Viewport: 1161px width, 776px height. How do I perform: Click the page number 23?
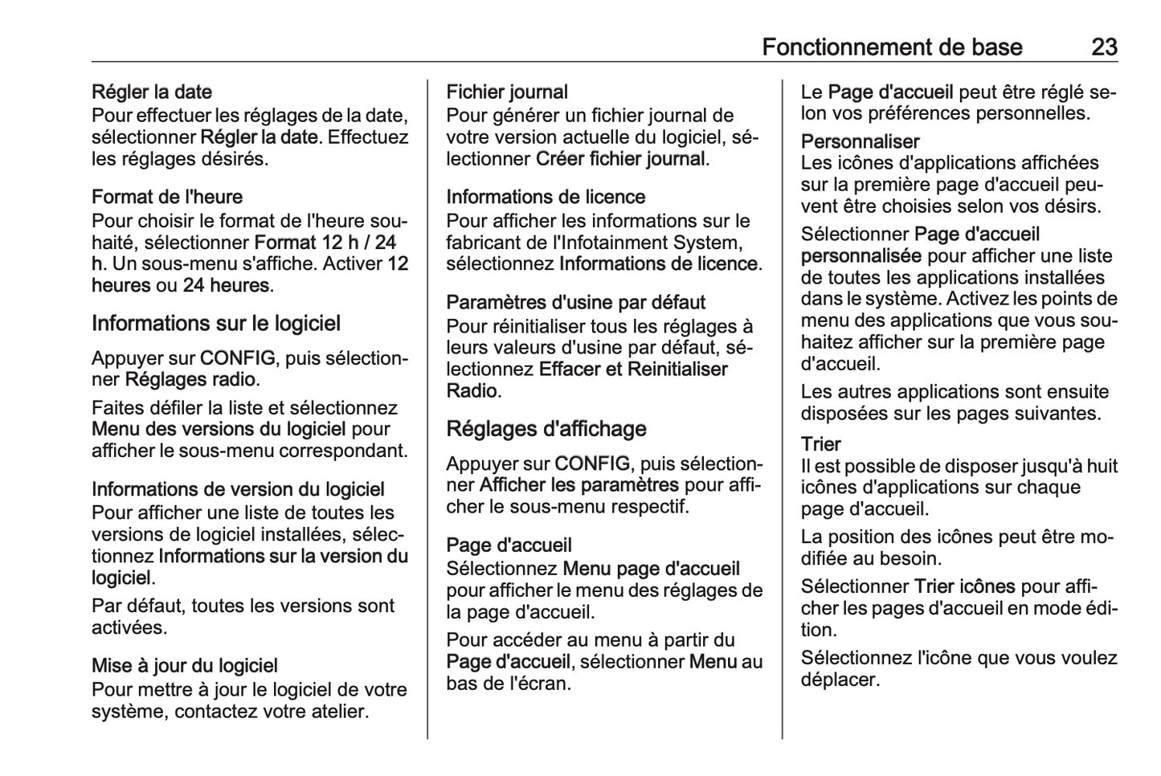(x=1104, y=47)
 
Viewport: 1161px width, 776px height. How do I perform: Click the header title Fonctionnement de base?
(x=892, y=47)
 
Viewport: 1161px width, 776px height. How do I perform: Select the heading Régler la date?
(x=152, y=92)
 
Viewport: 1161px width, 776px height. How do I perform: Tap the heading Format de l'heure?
(x=167, y=197)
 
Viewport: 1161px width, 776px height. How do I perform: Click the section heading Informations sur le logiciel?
(x=216, y=324)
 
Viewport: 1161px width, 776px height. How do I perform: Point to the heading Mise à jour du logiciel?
(x=185, y=666)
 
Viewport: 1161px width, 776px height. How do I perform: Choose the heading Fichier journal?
(x=507, y=92)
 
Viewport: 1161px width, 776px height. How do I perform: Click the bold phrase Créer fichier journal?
(x=620, y=159)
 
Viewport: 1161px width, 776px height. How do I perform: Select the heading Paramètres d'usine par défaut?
(x=576, y=303)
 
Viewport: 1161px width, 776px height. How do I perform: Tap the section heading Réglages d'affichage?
(x=546, y=429)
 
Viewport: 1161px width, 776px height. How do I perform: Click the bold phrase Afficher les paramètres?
(x=579, y=485)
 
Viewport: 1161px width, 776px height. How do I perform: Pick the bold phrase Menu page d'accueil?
(x=652, y=569)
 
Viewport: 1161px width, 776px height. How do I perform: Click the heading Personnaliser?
(x=860, y=142)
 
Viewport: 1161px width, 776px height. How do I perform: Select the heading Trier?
(x=821, y=444)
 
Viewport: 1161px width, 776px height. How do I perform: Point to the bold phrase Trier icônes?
(x=965, y=586)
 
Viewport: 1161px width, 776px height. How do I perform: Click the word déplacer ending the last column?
(x=840, y=680)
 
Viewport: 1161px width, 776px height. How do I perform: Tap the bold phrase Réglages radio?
(x=190, y=379)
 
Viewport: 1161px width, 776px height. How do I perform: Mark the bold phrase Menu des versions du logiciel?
(x=219, y=429)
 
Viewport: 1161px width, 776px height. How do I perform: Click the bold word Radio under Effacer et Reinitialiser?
(x=472, y=391)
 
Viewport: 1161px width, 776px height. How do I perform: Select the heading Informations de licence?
(x=546, y=197)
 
